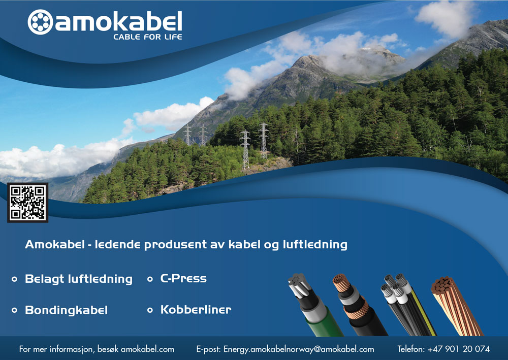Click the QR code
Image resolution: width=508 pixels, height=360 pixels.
(28, 203)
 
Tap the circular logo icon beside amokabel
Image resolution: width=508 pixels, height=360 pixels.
(40, 22)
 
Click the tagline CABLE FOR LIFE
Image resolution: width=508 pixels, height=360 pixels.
(148, 37)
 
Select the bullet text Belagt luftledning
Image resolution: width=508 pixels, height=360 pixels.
(79, 279)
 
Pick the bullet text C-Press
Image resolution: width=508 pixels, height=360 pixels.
(183, 278)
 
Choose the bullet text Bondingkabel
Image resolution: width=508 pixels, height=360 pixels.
(67, 310)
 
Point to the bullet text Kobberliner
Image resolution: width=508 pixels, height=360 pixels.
(196, 310)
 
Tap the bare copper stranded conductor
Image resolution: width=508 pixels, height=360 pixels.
(456, 306)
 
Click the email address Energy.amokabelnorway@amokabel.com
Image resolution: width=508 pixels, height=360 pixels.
(299, 349)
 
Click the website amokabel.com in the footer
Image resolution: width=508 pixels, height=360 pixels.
(147, 349)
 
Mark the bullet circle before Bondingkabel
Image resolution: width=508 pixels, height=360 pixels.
(14, 310)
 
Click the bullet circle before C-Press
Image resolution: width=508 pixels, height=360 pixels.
(150, 279)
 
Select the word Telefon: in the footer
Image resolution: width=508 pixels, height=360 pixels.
(411, 349)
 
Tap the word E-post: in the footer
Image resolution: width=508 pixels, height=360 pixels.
(208, 349)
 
